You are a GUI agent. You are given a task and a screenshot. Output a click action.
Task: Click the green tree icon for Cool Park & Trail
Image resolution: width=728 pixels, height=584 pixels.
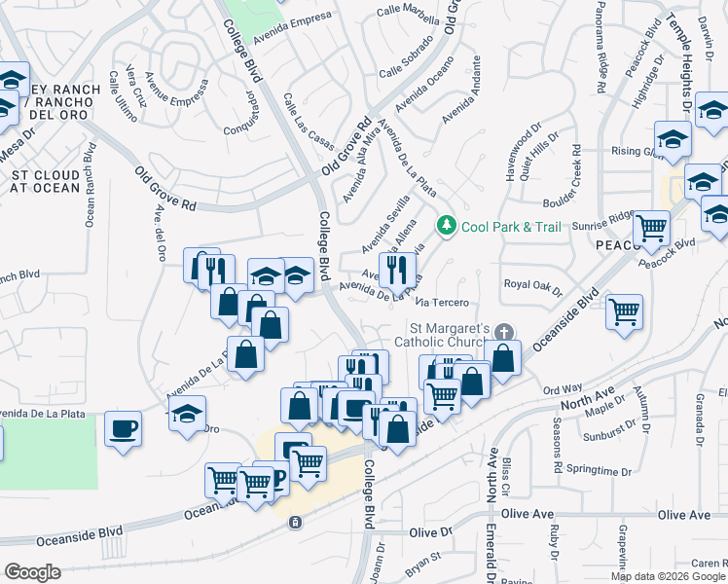pos(447,226)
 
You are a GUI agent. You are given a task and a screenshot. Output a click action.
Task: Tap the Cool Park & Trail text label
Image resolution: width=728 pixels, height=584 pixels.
pos(512,227)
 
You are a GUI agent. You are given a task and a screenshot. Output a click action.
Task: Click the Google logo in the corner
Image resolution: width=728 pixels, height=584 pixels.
pos(33,572)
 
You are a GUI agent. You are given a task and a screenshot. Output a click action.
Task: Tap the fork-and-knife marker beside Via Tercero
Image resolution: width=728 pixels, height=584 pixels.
pos(397,269)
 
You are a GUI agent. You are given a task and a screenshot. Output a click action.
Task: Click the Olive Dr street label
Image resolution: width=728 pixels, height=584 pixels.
pos(431,532)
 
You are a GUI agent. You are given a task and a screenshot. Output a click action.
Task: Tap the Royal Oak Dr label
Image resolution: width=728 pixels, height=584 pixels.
pos(532,285)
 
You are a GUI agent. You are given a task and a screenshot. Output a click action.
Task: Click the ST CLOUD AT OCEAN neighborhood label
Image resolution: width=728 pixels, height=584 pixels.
pos(45,181)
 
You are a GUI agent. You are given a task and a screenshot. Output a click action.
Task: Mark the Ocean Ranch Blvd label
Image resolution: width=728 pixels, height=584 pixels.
pos(90,186)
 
